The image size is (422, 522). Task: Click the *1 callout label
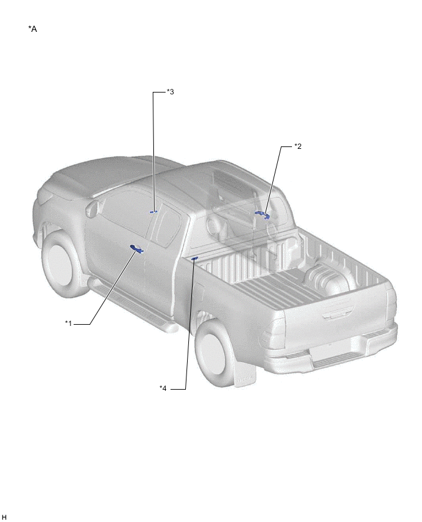pyautogui.click(x=68, y=323)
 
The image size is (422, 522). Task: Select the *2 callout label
pyautogui.click(x=297, y=146)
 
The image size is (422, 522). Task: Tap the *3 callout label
pyautogui.click(x=171, y=92)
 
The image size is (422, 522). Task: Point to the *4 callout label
pyautogui.click(x=163, y=388)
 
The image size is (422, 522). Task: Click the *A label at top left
pyautogui.click(x=33, y=29)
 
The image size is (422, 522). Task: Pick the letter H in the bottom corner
pyautogui.click(x=4, y=516)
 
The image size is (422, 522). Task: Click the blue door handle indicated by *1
pyautogui.click(x=136, y=248)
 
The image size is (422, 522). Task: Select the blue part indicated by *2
pyautogui.click(x=262, y=214)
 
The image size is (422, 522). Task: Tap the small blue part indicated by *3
pyautogui.click(x=153, y=212)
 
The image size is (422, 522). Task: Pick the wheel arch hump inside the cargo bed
pyautogui.click(x=328, y=279)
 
